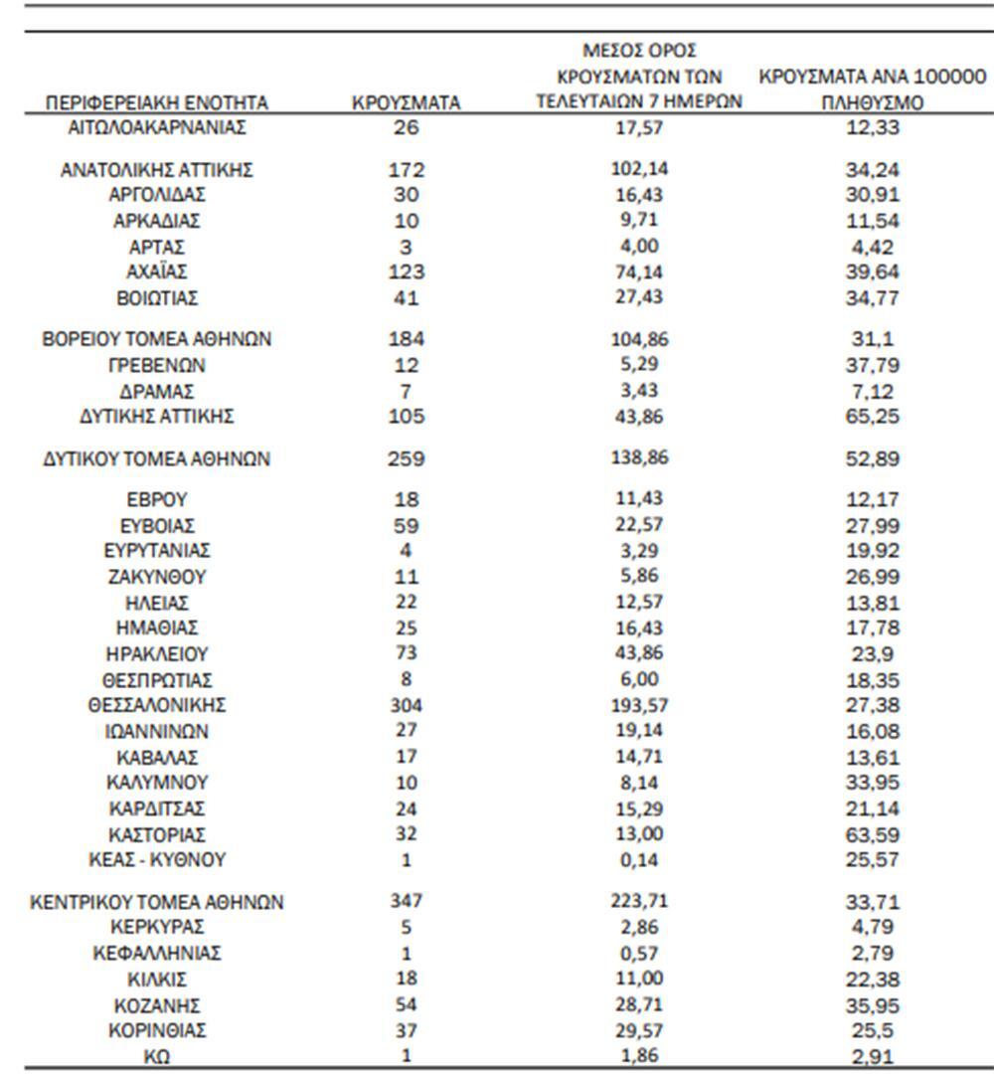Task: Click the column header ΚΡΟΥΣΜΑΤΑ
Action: tap(406, 102)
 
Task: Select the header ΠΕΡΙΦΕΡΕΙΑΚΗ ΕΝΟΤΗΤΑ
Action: tap(157, 102)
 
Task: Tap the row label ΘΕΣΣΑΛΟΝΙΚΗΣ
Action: tap(157, 705)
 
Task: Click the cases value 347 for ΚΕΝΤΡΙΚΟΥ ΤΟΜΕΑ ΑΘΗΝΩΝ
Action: tap(406, 901)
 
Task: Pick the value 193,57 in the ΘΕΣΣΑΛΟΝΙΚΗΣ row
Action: tap(640, 705)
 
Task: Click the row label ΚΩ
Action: tap(157, 1057)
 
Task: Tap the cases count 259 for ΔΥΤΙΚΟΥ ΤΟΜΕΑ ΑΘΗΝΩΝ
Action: tap(406, 459)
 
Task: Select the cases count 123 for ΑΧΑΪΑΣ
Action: tap(406, 271)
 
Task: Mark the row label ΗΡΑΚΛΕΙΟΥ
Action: tap(157, 654)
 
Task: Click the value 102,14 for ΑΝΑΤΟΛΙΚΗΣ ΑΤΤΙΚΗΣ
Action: tap(640, 169)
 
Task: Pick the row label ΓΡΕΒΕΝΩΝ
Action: tap(157, 365)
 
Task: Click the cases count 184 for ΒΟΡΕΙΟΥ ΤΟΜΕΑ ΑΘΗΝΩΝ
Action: tap(406, 339)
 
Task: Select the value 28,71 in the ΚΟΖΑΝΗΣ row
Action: tap(640, 1004)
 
